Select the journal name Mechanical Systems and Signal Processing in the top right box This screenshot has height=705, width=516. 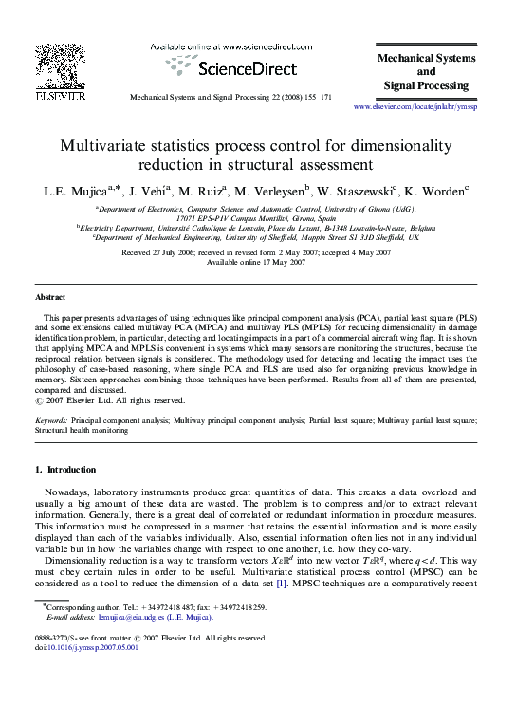(x=426, y=72)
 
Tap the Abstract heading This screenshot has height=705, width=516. (x=50, y=297)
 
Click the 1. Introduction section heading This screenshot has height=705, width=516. (x=64, y=470)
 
